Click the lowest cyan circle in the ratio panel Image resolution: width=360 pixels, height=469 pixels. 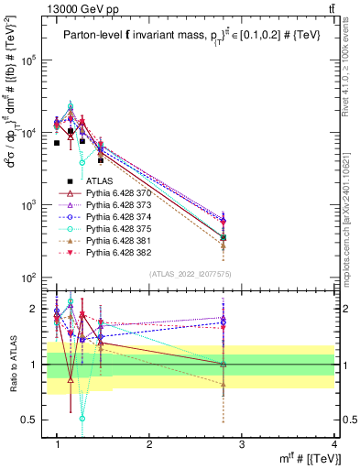[x=82, y=419]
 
